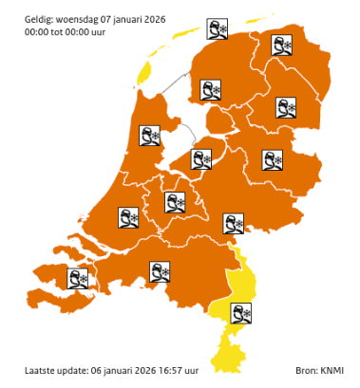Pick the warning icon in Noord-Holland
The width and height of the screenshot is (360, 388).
pos(150,136)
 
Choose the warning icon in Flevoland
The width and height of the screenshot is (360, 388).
pos(203,157)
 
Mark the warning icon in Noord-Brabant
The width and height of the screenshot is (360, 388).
pos(161,272)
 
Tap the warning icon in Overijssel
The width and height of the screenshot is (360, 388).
pos(273,159)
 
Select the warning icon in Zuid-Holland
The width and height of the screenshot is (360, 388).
pos(128,217)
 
